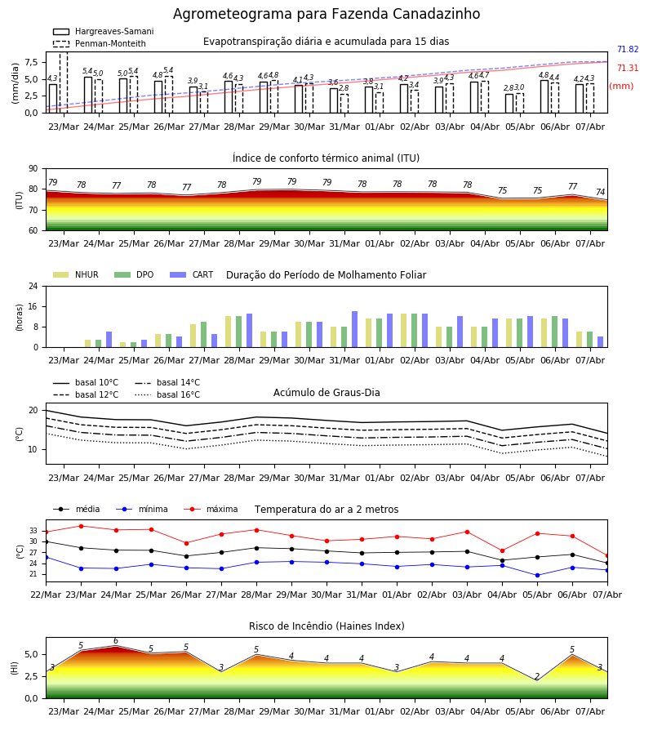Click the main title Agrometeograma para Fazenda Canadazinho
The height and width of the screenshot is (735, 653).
[x=326, y=14]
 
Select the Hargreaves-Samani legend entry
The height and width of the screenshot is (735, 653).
[x=104, y=31]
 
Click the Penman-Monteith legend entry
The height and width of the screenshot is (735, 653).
[x=100, y=43]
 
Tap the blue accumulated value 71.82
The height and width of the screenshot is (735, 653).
[x=628, y=49]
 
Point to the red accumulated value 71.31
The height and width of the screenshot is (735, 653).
[x=628, y=68]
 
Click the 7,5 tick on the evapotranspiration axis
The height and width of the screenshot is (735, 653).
[x=32, y=62]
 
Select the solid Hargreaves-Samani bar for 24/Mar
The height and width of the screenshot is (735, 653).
[x=88, y=95]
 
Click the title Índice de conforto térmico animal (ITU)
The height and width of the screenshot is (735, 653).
[x=326, y=158]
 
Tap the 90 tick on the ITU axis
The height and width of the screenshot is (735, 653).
[x=33, y=168]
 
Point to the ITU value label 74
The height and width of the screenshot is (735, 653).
[x=600, y=192]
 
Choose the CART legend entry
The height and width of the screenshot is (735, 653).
[x=192, y=274]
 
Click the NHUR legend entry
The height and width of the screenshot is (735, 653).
[x=76, y=274]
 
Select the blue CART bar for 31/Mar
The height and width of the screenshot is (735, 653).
[x=354, y=329]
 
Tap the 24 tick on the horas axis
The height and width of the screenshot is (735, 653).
[x=33, y=286]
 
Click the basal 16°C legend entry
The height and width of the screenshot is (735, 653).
[x=167, y=394]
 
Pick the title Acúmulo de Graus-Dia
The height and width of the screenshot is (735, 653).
[x=326, y=392]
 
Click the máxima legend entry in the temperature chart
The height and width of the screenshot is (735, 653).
[x=211, y=509]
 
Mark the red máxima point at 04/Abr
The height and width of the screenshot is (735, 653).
[x=503, y=550]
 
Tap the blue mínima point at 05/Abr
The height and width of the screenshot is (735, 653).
[x=537, y=575]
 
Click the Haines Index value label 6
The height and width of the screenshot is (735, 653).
[x=116, y=641]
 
